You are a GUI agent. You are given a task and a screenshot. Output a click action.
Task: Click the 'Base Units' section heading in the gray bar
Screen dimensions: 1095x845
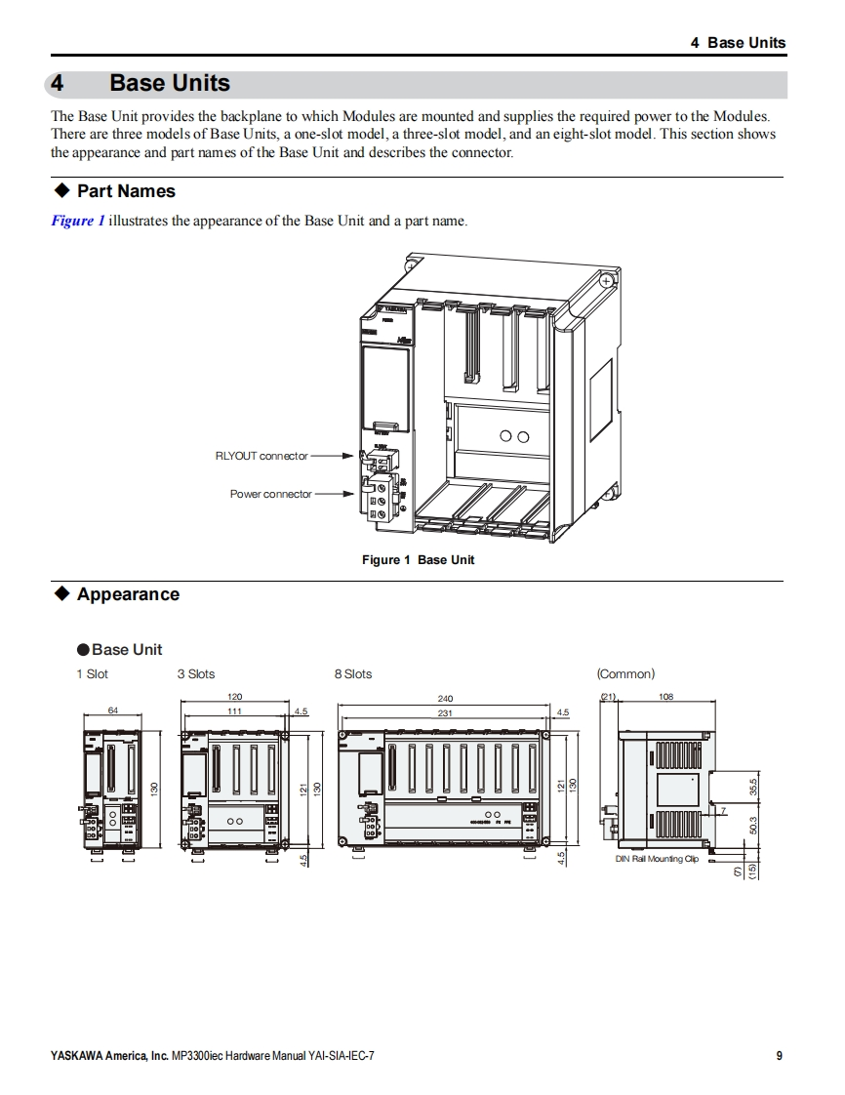click(x=170, y=84)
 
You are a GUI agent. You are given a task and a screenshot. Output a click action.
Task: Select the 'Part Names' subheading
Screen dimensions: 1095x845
click(x=126, y=191)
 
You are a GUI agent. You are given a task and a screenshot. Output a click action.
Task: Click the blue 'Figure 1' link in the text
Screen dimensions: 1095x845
click(x=77, y=221)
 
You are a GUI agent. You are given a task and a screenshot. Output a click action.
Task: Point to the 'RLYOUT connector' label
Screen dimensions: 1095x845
click(x=261, y=456)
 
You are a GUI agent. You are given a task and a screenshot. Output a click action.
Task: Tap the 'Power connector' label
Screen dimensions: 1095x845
click(x=270, y=494)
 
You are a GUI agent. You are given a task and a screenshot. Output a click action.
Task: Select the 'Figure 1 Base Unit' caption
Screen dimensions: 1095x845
click(x=418, y=560)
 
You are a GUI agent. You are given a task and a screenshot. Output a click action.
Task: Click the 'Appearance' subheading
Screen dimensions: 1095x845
click(x=128, y=594)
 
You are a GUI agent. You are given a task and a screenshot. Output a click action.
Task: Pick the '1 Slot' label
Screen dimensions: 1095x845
click(x=93, y=674)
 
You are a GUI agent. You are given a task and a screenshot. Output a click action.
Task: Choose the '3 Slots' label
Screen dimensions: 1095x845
click(x=196, y=674)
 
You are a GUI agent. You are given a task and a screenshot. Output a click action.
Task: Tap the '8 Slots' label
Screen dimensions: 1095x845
click(x=353, y=674)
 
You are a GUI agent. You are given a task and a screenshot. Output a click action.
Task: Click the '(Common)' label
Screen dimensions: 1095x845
click(x=625, y=674)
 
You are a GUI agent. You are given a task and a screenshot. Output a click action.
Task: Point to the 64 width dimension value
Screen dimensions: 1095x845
click(x=113, y=710)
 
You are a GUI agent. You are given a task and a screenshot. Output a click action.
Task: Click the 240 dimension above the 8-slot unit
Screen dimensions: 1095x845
click(x=445, y=699)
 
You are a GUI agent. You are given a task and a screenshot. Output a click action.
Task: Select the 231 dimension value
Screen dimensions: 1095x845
click(x=445, y=713)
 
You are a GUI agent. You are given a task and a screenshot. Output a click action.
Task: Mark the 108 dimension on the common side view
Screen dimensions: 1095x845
click(x=666, y=697)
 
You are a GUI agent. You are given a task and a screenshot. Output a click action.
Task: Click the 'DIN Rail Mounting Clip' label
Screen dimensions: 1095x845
click(x=657, y=859)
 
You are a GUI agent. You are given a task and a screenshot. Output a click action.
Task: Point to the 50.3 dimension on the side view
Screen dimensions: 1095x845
click(x=753, y=827)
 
